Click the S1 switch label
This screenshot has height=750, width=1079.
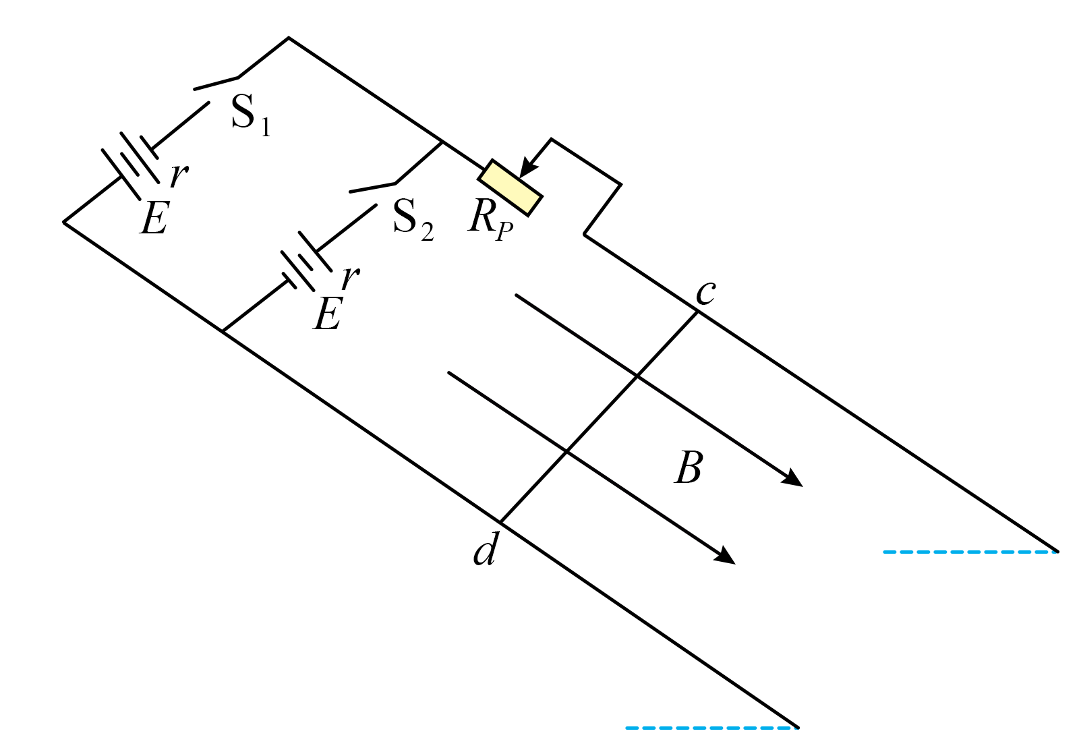[251, 115]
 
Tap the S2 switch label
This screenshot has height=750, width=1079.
[413, 220]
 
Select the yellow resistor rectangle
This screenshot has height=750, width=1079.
[510, 188]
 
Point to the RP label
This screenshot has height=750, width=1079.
[490, 222]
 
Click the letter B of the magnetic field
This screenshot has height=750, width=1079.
[689, 467]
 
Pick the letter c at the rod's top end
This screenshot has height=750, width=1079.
[706, 293]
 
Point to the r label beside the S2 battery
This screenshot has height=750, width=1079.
[350, 277]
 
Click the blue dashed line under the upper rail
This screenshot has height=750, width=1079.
[970, 552]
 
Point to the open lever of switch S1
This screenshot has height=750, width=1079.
[216, 84]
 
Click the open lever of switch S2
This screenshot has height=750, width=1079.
[372, 188]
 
